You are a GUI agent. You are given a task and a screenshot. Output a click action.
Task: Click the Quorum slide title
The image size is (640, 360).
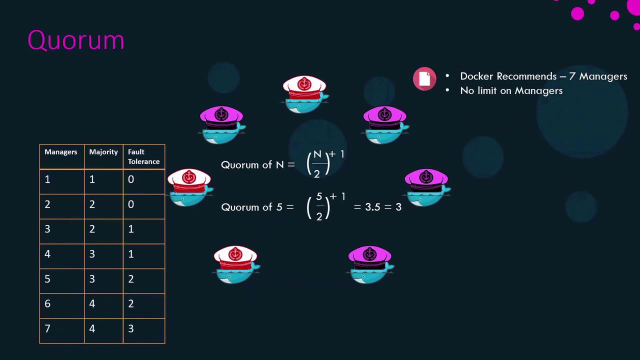point(76,40)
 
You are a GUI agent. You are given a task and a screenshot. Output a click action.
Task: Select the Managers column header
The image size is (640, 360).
point(61,152)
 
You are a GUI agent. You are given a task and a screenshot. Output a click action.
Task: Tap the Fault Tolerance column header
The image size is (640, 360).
point(143,156)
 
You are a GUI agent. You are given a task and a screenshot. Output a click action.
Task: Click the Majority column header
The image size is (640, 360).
point(103,152)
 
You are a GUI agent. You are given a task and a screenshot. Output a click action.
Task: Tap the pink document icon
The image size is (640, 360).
point(424,78)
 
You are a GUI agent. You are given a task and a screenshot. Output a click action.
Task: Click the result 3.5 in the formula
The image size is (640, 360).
point(372,207)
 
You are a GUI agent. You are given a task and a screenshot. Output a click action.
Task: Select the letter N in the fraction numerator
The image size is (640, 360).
point(317,154)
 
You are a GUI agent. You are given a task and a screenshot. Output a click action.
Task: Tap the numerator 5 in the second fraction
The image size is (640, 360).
point(319,196)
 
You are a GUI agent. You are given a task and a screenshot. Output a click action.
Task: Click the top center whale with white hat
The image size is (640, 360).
point(305,94)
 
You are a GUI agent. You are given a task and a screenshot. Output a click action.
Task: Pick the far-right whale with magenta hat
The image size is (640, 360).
point(427,187)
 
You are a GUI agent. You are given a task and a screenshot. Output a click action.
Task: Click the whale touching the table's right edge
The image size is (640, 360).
point(190,187)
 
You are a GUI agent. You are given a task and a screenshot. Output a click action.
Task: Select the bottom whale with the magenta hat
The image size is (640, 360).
point(370,264)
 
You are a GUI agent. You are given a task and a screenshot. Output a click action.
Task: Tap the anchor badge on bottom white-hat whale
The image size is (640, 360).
point(235,253)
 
